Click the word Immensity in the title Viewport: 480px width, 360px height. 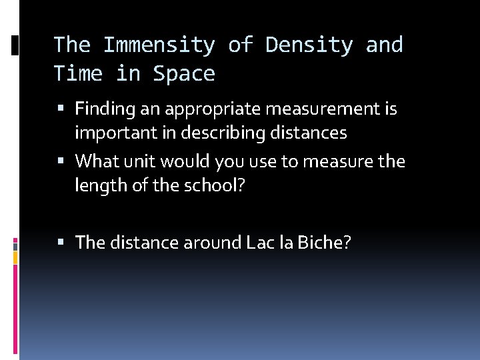tap(159, 45)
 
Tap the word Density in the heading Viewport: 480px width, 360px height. tap(309, 45)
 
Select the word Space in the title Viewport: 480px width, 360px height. tap(184, 73)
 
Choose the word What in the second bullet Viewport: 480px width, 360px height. tap(96, 161)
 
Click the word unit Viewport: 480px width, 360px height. tap(137, 161)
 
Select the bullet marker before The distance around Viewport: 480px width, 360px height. tap(62, 242)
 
